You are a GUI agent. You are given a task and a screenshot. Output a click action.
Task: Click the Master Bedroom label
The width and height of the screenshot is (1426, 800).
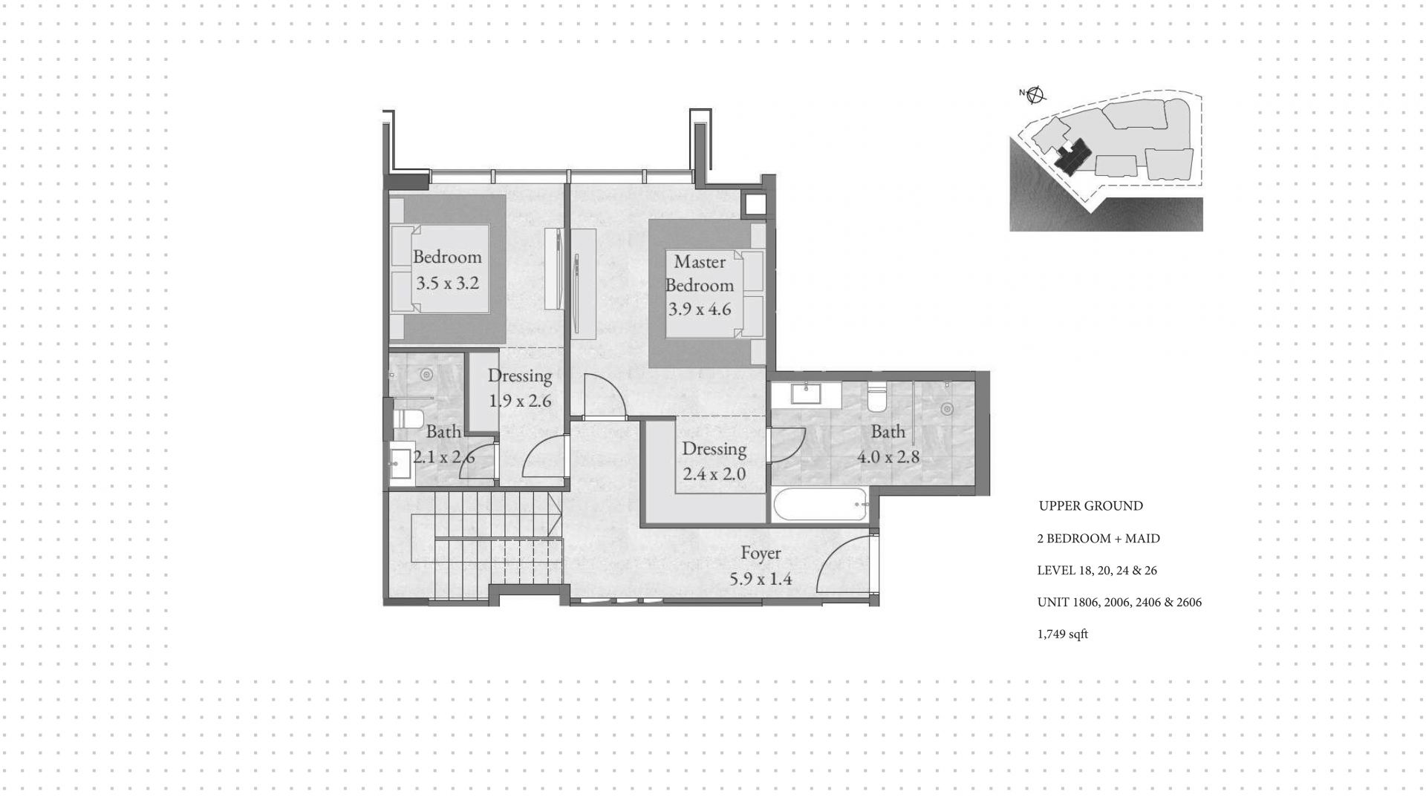pos(699,273)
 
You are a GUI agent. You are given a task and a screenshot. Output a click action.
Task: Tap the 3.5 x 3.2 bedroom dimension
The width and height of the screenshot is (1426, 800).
pos(447,283)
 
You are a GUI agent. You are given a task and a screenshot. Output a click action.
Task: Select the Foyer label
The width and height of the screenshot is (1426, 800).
pos(761,553)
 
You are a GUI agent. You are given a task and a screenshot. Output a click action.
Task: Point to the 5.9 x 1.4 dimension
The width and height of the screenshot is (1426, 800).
pos(761,578)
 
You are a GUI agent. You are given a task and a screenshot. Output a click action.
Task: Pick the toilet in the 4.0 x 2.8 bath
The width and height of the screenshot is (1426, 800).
pos(877,398)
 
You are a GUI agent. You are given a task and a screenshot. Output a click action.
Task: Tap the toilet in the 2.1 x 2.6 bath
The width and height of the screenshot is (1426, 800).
pos(407,417)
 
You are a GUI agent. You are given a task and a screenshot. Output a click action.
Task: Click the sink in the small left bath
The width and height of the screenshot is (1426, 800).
pos(400,465)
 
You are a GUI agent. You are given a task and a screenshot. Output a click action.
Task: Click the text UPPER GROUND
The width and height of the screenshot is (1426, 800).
pos(1090,506)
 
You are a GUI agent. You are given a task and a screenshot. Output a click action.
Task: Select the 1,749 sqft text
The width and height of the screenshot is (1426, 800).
pos(1062,635)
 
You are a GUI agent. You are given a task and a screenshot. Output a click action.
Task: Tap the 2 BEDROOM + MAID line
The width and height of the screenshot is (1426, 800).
pos(1098,539)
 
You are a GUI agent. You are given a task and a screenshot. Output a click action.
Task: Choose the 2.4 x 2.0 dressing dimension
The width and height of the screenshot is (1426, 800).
pos(714,473)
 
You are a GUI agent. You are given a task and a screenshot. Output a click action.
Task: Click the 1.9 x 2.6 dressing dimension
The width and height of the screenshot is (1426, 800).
pos(520,401)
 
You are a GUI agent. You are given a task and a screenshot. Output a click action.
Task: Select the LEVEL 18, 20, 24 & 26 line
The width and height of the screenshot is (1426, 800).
pos(1097,571)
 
